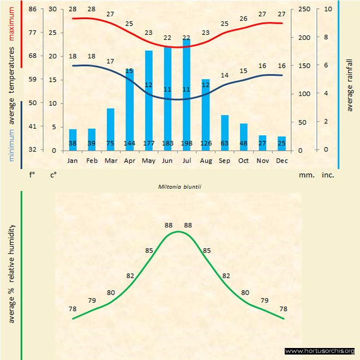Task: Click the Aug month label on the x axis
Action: coord(206,161)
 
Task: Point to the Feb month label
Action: coord(92,161)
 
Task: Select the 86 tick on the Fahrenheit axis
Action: coord(33,9)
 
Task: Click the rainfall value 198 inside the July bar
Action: coord(187,143)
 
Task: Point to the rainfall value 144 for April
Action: coord(129,143)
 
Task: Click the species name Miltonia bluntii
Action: coord(180,186)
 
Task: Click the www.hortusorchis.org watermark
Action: coord(320,351)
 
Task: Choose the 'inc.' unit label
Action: coord(328,176)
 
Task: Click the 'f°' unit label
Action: coord(32,176)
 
